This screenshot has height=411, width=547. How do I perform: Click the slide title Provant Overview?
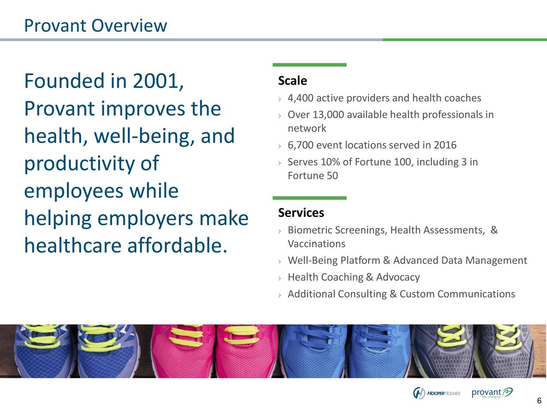[x=95, y=26]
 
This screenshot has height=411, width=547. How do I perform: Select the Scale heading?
[x=292, y=80]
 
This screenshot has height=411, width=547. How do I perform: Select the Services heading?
[x=301, y=213]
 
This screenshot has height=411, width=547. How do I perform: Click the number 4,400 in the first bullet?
[x=300, y=98]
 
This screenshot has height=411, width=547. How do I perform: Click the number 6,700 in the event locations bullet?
[x=300, y=146]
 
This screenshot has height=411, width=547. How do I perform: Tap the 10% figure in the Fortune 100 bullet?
[x=329, y=162]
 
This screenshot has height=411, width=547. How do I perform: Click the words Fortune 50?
[x=312, y=176]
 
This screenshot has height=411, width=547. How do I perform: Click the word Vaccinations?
[x=316, y=244]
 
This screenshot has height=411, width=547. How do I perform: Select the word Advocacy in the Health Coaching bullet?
[x=398, y=277]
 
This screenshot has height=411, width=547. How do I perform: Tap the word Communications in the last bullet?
[x=476, y=294]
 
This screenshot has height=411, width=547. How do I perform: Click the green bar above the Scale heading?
[x=309, y=65]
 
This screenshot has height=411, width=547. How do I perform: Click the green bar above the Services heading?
[x=309, y=198]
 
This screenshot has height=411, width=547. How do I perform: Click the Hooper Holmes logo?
[x=436, y=393]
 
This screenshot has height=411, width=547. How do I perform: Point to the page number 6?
[x=539, y=401]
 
